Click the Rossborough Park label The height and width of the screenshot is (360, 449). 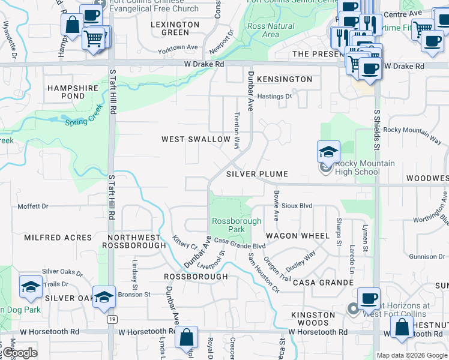pos(237,225)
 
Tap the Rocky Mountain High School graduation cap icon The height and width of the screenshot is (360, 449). pos(328,152)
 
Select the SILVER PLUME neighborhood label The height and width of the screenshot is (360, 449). pos(257,174)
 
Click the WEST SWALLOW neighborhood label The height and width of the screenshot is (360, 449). pos(196,139)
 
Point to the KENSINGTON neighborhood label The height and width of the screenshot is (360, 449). pos(285,79)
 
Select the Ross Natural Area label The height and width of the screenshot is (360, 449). pos(271,30)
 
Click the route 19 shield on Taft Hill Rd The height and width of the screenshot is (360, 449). pos(112,319)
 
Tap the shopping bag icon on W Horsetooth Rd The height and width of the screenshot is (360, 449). pos(187,338)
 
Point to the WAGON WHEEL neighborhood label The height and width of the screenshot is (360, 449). pos(298,236)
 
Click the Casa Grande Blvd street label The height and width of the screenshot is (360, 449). pos(240,244)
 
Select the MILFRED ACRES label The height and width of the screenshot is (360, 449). pos(58,238)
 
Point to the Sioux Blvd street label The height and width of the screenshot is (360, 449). pos(297,205)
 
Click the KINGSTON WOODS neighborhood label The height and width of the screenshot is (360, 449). pos(313,319)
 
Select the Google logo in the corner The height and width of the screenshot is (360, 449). pos(19,353)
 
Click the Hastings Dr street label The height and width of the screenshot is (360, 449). pos(274,96)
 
